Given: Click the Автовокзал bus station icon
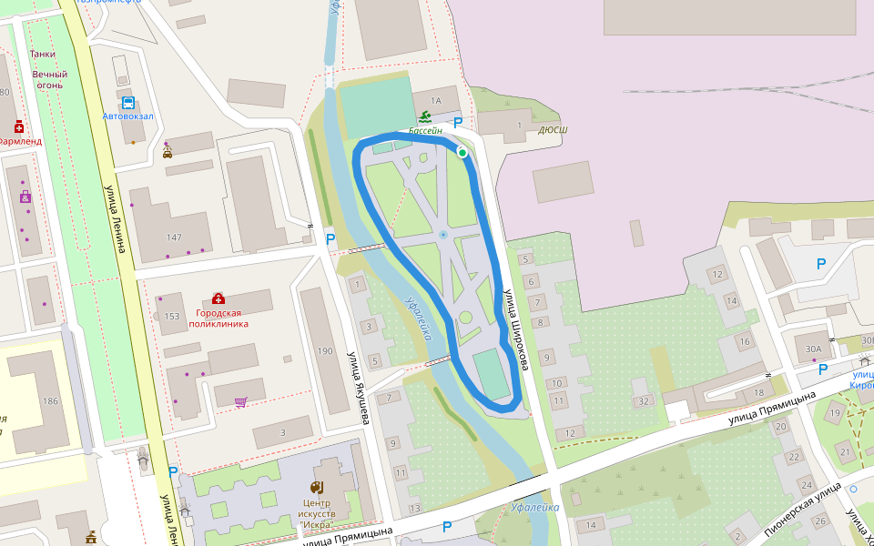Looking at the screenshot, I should pos(127,103).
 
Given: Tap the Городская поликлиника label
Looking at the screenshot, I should pos(218,317).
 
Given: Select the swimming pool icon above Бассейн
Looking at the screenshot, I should pos(425,116).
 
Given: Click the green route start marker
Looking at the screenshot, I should pos(462,153).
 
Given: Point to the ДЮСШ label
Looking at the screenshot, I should pos(553,130).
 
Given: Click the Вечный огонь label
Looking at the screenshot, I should pos(50,79).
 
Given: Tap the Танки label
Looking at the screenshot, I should pos(43,54).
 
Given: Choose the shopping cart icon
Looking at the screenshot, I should pos(240,401).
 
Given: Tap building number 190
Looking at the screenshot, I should pos(325,350).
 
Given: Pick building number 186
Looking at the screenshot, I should pos(50,401).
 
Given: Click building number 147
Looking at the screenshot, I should pos(174,238).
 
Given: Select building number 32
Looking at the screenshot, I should pos(644,400).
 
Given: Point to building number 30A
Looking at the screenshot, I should pos(813,348).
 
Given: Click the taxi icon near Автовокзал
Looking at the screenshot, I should pos(168,154).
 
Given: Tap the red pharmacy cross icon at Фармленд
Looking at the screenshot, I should pos(18,126).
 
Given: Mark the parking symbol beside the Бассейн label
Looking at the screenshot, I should pos(458,123).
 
